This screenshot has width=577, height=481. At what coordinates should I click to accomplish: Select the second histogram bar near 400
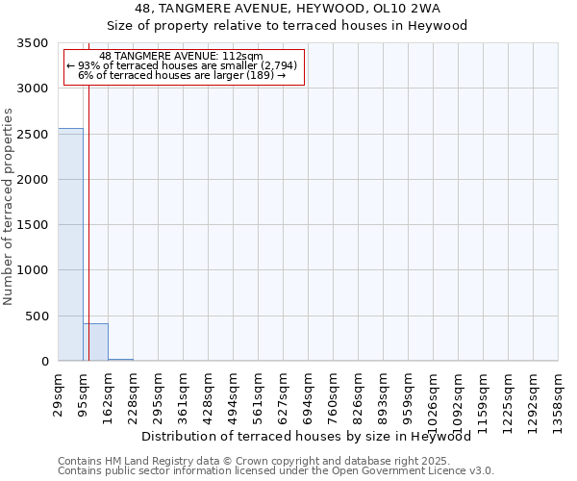(95, 342)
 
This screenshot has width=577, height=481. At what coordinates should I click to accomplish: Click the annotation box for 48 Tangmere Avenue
(183, 66)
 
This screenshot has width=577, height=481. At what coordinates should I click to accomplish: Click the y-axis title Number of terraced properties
(9, 206)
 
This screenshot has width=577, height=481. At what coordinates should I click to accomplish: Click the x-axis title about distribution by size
(313, 436)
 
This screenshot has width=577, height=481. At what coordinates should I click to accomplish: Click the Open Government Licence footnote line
(276, 471)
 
